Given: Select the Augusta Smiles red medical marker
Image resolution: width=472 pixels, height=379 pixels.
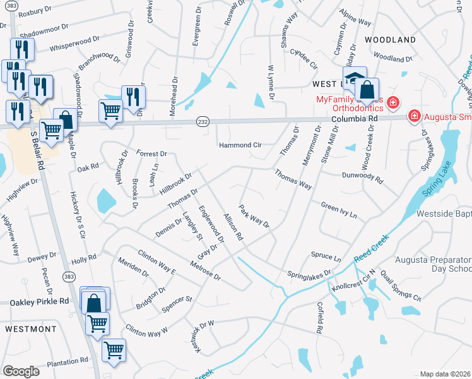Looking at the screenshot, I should [x=415, y=116].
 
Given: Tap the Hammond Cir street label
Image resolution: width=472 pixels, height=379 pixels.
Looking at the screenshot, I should [x=240, y=145].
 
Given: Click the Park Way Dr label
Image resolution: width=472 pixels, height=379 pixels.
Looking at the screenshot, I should [x=254, y=216].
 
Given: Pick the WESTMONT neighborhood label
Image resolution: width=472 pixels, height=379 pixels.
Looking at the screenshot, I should [x=31, y=329].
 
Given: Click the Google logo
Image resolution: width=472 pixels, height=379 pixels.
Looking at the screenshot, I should [x=21, y=371].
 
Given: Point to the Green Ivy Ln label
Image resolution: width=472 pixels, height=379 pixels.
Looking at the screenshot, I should [x=339, y=210].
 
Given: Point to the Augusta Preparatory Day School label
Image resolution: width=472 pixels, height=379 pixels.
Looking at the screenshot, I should [x=433, y=264].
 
